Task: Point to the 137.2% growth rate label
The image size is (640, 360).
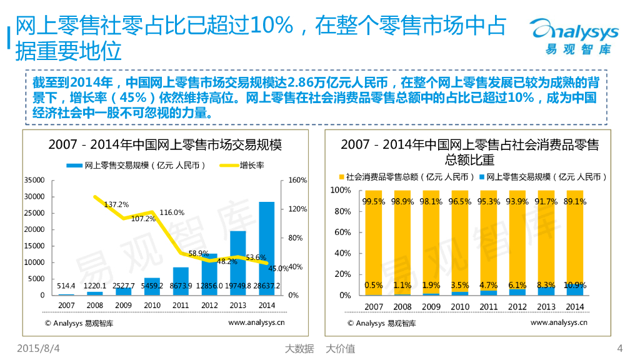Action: coord(116,204)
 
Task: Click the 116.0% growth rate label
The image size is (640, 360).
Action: coord(172,212)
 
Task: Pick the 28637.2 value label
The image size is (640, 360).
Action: coord(267,286)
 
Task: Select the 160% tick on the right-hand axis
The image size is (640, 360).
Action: coord(298,180)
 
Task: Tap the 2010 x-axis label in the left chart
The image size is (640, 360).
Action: coord(152,306)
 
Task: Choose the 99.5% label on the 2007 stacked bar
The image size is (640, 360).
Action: coord(374,201)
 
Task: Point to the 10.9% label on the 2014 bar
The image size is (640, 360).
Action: coord(575,285)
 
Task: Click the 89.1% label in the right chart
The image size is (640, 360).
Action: coord(575,201)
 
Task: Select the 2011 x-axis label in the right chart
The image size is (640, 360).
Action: coord(489,306)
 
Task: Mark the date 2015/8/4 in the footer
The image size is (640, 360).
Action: coord(42,348)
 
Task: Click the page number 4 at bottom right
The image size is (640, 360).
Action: coord(620,348)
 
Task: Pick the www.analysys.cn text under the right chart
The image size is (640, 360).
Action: coord(559,322)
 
